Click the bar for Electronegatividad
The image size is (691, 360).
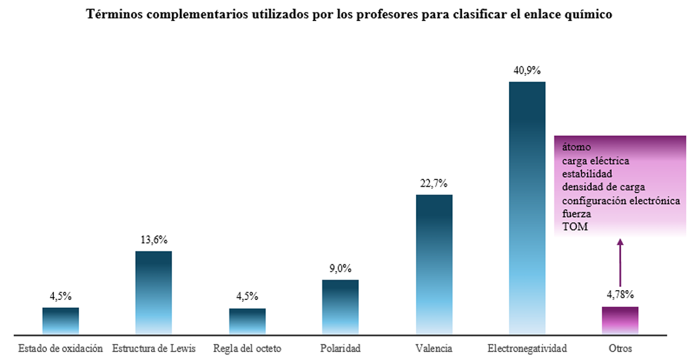click(527, 208)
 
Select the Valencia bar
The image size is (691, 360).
click(434, 264)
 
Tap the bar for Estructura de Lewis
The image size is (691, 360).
click(154, 293)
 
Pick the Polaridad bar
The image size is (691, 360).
click(340, 307)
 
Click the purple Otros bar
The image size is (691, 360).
click(620, 320)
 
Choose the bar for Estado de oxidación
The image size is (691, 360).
click(61, 321)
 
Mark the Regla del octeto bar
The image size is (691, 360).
click(247, 321)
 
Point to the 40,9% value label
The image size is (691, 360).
click(527, 70)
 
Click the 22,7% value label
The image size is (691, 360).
click(434, 183)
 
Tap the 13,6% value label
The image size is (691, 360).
click(154, 240)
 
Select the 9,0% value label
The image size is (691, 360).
click(340, 268)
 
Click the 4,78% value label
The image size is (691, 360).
click(620, 295)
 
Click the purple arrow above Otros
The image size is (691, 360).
click(620, 264)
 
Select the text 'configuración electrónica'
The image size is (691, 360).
click(620, 200)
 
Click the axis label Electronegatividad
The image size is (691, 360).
click(527, 348)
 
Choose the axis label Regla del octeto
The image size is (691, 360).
click(247, 348)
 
